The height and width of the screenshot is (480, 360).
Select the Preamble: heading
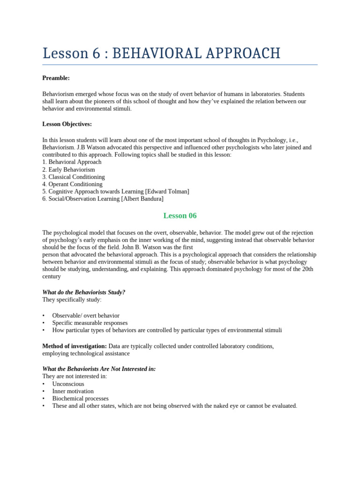[56, 78]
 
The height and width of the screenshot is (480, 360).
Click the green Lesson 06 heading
[180, 216]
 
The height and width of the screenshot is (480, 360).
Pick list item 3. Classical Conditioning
[74, 177]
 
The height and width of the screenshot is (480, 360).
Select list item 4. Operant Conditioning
[72, 184]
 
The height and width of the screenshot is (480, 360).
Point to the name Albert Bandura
[142, 199]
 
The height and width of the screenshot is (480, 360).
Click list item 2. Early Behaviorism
[68, 169]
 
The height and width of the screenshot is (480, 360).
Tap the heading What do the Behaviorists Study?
[84, 292]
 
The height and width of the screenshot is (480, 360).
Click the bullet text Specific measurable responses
[90, 322]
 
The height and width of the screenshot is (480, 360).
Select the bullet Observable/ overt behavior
[86, 315]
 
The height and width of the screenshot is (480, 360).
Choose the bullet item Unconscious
[68, 383]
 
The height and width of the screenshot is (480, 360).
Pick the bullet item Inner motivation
[73, 391]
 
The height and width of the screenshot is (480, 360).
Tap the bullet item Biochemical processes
[80, 398]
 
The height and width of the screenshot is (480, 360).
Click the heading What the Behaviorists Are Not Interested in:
[99, 369]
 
